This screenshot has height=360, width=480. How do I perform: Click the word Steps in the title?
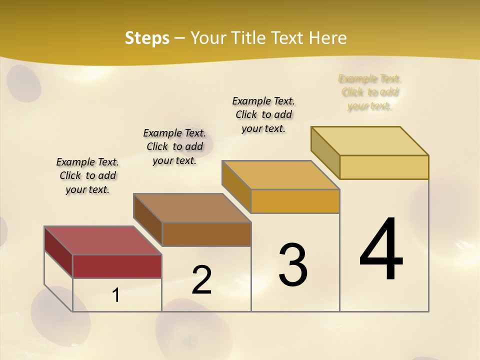point(146,38)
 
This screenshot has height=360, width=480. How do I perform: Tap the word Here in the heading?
point(327,38)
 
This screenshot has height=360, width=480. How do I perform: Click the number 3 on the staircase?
point(292,265)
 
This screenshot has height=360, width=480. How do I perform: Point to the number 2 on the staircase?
point(201,280)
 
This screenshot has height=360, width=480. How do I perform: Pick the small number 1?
point(116,295)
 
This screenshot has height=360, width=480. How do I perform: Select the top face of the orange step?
point(280,175)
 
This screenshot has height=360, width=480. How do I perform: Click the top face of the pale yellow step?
point(369,141)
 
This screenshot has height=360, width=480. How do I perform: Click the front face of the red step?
point(117,266)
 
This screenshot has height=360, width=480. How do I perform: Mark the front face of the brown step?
point(206,234)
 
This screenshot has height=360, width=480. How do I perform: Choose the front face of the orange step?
point(295,201)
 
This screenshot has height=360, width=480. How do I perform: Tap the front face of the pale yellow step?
point(384,167)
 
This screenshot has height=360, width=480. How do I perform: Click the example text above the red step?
point(87,175)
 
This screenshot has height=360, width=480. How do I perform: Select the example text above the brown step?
point(174,146)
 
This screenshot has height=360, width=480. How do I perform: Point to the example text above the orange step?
point(263,114)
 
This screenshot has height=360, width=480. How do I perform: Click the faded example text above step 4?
point(370,92)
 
